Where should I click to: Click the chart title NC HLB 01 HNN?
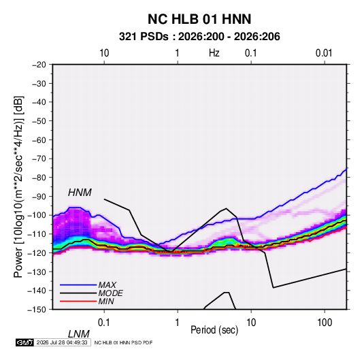[199, 19]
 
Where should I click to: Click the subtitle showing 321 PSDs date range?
[199, 37]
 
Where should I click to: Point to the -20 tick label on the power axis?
[39, 65]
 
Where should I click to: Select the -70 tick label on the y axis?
[39, 159]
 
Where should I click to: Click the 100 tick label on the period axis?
[325, 323]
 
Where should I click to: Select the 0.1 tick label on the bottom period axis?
[104, 323]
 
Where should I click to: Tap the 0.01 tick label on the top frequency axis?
[324, 53]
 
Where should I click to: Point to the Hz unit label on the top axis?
[214, 53]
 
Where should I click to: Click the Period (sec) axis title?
[214, 330]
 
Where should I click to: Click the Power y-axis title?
[18, 186]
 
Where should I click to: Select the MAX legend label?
[107, 285]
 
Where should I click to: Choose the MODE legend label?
[110, 293]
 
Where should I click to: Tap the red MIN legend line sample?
[78, 301]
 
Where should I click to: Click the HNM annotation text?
[80, 193]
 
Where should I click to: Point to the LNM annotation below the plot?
[78, 334]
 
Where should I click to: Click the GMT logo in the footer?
[24, 342]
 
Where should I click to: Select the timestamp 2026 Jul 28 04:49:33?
[62, 342]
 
